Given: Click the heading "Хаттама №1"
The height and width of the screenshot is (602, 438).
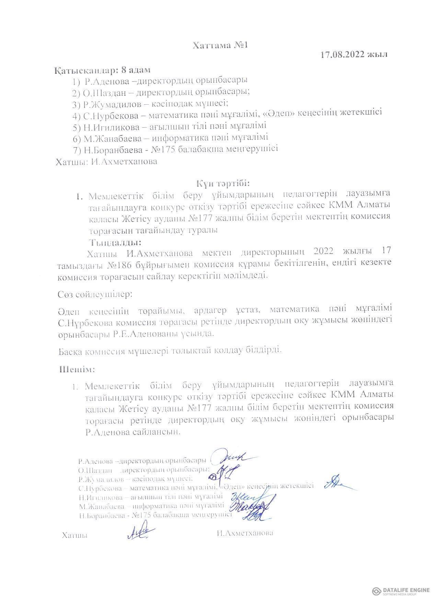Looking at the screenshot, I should (220, 45).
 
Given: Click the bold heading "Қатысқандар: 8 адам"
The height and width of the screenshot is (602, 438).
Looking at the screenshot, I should (102, 70).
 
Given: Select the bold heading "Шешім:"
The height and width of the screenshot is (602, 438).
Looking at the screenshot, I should (77, 369).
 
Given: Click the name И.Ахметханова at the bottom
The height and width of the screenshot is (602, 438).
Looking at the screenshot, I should (245, 533).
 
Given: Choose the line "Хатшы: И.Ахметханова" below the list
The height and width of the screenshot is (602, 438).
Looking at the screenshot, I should (106, 162).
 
